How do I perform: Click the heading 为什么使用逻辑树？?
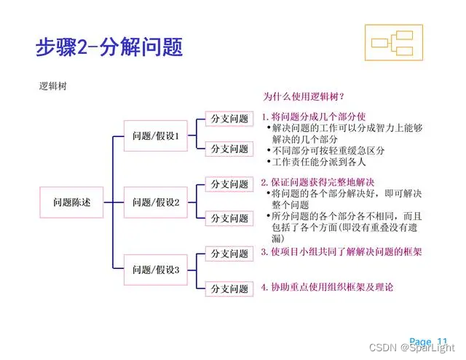pos(304,96)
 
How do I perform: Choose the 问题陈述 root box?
pos(72,202)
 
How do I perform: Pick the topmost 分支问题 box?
pos(229,118)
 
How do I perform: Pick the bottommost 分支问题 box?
pos(229,289)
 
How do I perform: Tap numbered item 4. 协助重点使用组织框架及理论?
pos(327,287)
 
